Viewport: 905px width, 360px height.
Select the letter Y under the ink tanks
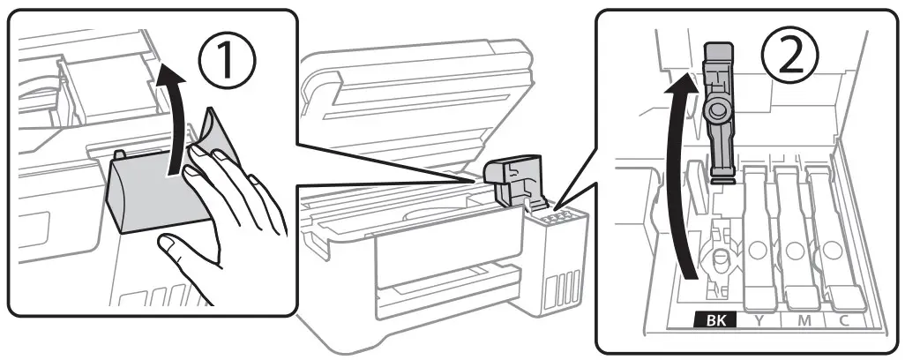(758, 322)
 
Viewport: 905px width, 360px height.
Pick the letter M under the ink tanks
(804, 322)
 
